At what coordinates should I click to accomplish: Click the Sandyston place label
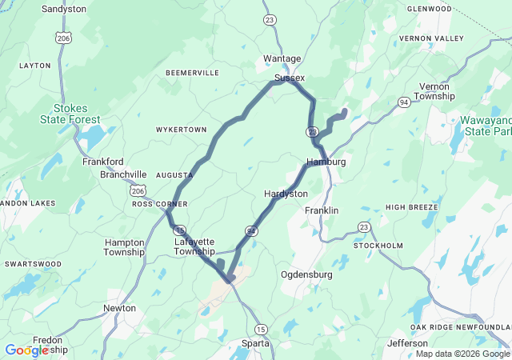coord(63,9)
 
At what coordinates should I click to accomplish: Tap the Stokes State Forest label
coord(70,114)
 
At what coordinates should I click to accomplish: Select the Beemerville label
coord(192,73)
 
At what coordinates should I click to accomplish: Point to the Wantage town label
coord(282,58)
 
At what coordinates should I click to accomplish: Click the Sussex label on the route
coord(290,78)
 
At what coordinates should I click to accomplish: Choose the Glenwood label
coord(430,8)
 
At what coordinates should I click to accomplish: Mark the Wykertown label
coord(181,129)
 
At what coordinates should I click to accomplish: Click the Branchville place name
coord(123,174)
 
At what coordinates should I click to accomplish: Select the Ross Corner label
coord(154,203)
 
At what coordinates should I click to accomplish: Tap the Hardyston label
coord(286,194)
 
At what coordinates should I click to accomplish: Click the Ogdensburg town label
coord(306,274)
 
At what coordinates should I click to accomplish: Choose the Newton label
coord(119,308)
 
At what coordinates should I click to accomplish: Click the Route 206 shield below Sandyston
coord(63,38)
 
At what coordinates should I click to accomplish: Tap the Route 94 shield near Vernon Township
coord(405,102)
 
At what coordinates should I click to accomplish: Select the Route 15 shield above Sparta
coord(261,329)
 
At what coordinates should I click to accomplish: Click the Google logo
coord(26,350)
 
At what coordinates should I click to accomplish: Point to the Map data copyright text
coord(463,354)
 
